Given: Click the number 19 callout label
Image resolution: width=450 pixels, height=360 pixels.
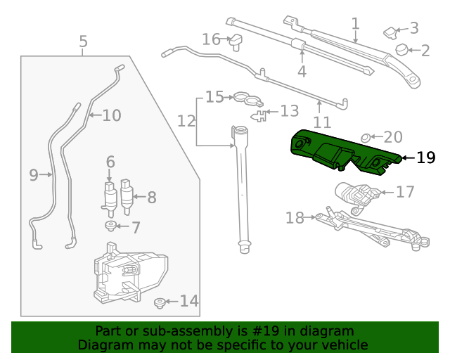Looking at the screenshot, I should point(425,157).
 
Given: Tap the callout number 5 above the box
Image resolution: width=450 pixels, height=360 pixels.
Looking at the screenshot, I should point(83,42).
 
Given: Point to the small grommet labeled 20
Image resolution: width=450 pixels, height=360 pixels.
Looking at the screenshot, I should point(366,137).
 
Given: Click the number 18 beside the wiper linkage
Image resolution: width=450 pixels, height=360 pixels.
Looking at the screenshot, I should point(295,218).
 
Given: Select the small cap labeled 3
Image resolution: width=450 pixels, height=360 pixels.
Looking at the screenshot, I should point(390,31).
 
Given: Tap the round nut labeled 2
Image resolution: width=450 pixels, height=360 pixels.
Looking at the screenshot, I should point(403,49).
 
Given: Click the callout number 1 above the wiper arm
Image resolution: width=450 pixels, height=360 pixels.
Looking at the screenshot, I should point(355,23).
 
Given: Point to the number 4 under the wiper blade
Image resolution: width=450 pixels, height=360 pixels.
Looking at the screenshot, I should point(302,71).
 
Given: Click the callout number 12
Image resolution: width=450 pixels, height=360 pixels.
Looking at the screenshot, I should point(186,121).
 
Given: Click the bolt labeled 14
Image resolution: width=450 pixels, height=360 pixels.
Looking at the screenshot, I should point(160,303).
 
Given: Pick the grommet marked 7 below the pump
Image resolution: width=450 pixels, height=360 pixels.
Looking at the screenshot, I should point(111,226).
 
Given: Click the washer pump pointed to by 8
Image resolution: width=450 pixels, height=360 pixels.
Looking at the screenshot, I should point(127,197).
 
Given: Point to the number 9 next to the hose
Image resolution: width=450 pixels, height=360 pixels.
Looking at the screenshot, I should point(34,175).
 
